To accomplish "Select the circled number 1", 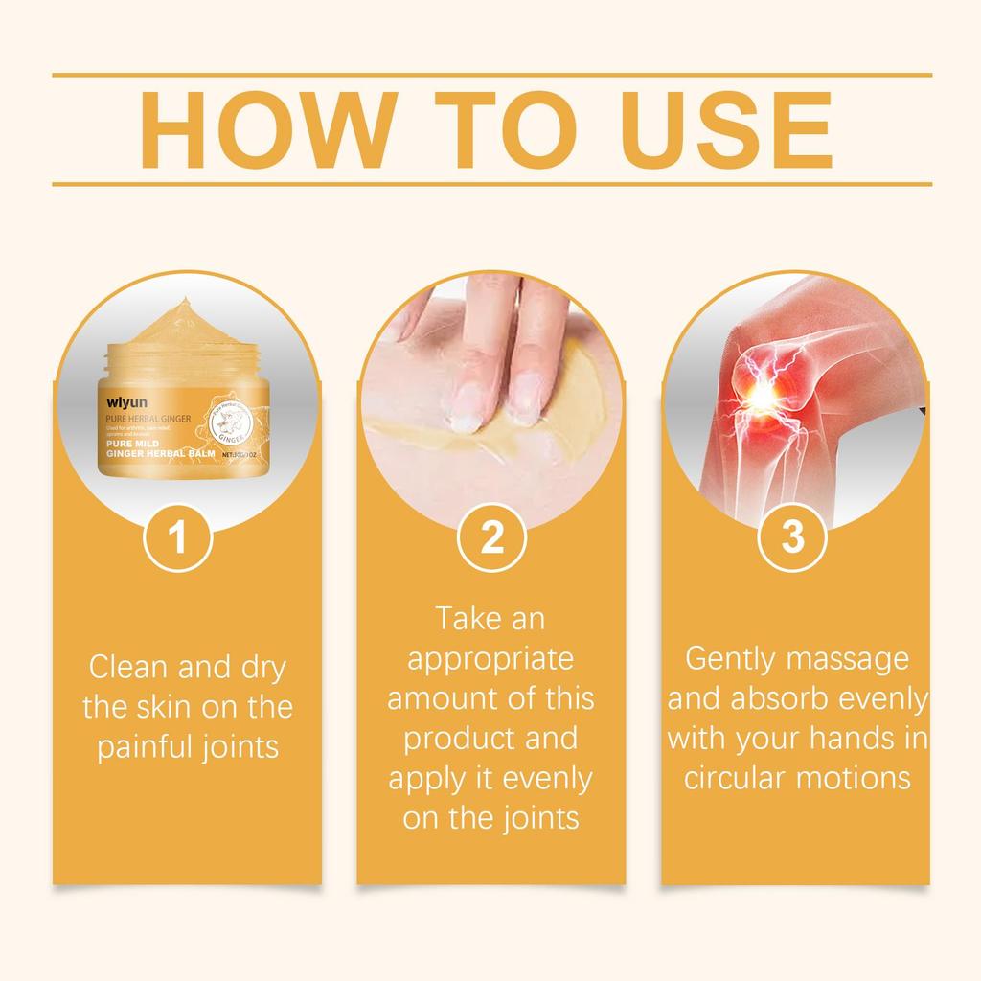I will coord(176,537).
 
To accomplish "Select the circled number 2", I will coord(490,537).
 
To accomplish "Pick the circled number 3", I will coord(792,537).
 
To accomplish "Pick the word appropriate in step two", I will coord(490,659).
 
